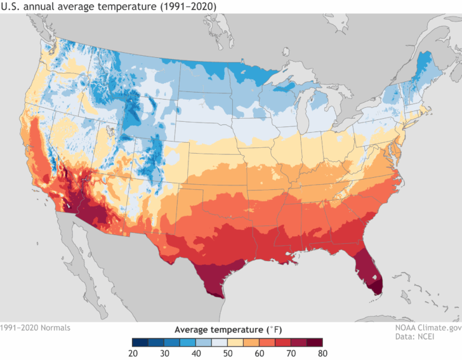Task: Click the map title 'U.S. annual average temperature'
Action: (79, 6)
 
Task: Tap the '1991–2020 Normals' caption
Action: (36, 328)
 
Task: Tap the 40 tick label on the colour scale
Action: (180, 354)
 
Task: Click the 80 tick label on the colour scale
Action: (322, 354)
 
